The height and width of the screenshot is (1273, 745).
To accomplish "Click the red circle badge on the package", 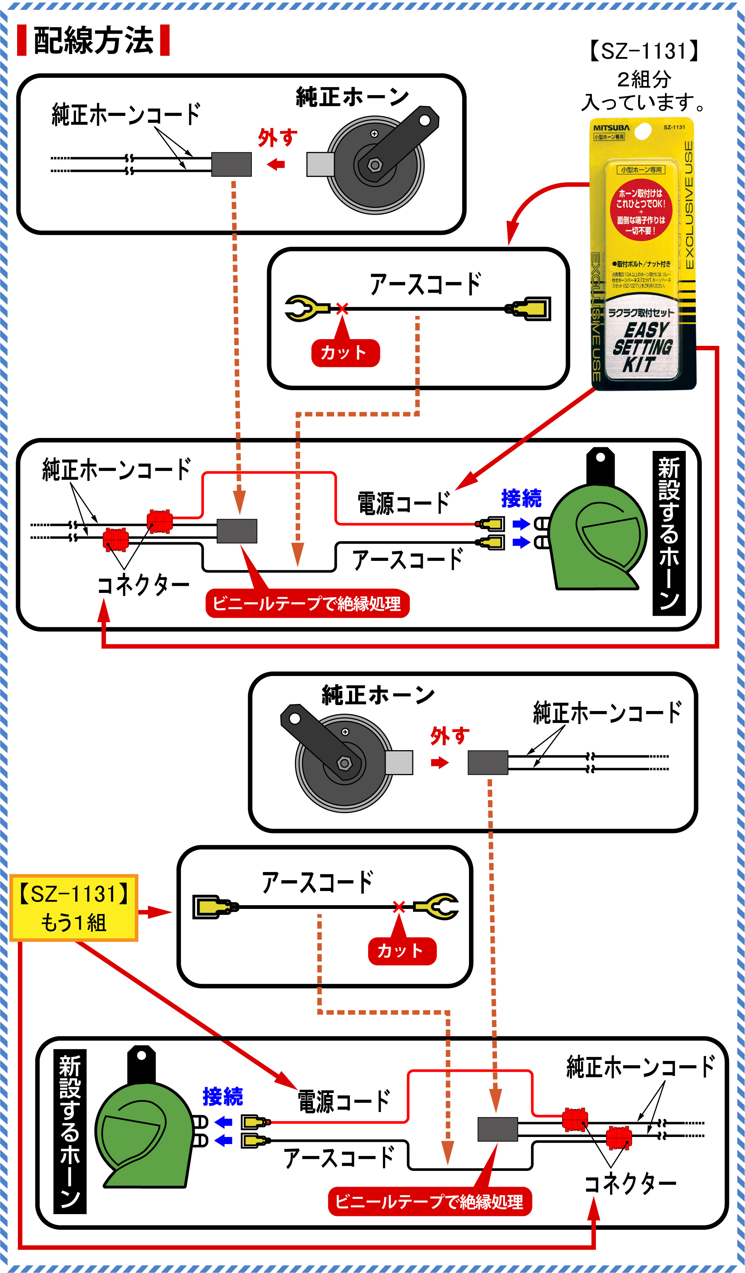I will (x=640, y=212).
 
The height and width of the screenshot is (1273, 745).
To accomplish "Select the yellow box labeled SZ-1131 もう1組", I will (x=74, y=908).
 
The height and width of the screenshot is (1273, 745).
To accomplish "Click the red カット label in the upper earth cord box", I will (x=345, y=353).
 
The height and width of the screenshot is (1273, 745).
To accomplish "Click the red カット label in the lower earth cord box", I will (x=402, y=951).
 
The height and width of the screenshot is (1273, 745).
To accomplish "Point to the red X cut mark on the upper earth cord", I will (x=342, y=308).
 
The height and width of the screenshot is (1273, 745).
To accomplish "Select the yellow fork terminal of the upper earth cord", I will (x=303, y=308).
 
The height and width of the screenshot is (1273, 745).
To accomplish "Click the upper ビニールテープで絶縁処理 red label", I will (x=307, y=603).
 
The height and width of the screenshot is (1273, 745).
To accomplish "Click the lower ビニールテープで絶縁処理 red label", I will (x=429, y=1201).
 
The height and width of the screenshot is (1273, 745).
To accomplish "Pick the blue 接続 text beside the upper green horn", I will (x=521, y=499).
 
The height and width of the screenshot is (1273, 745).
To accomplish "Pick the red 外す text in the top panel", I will (x=277, y=138).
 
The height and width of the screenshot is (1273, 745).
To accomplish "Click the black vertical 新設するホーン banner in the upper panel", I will (x=669, y=533).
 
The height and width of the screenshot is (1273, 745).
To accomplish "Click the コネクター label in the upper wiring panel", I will (x=143, y=585).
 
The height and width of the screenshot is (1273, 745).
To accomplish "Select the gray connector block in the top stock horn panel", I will (x=231, y=164).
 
